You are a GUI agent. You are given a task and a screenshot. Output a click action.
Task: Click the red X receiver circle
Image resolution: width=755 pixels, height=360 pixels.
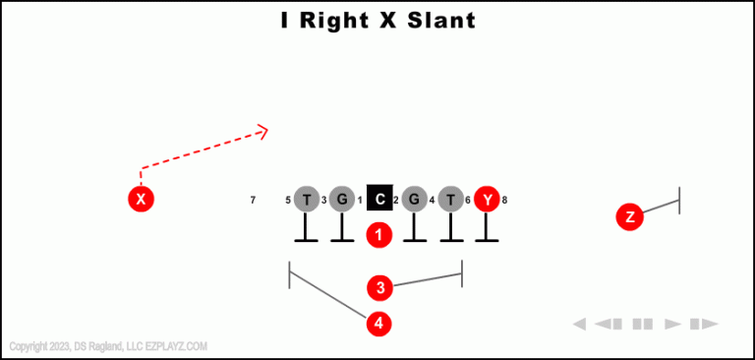[x=142, y=200]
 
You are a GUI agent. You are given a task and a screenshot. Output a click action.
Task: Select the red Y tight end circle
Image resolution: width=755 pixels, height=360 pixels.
[x=487, y=200]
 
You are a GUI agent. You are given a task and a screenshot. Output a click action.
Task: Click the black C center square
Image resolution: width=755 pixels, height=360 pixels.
[x=379, y=200]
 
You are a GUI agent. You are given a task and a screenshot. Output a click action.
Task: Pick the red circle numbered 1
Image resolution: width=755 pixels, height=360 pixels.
[x=379, y=235]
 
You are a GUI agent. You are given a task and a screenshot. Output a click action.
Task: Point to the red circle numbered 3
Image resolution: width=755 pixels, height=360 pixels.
[x=380, y=288]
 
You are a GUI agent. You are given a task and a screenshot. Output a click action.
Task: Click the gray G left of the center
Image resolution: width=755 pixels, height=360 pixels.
[x=341, y=200]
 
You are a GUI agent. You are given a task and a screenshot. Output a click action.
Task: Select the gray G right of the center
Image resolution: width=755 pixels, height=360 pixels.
[x=414, y=200]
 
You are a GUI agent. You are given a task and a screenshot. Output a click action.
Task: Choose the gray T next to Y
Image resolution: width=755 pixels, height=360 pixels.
[x=450, y=200]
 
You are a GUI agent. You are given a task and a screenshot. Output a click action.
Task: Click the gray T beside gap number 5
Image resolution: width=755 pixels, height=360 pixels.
[x=307, y=200]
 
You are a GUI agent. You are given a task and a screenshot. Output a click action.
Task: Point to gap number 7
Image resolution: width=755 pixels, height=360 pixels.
[x=253, y=201]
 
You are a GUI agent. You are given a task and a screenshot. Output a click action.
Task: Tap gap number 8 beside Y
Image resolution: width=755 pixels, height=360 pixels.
[x=504, y=201]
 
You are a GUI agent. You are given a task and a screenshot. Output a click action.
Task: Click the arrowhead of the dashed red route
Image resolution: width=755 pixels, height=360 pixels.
[x=262, y=131]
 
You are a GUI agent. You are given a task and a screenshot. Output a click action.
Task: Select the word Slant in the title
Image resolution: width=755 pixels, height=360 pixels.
[x=436, y=20]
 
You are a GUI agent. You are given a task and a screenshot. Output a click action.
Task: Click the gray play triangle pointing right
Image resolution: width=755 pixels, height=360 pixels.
[x=673, y=324]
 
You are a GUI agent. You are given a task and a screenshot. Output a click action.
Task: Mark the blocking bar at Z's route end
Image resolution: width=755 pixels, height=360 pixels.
[x=679, y=201]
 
